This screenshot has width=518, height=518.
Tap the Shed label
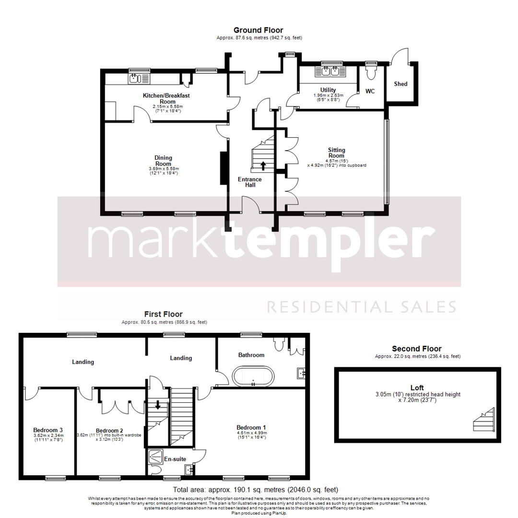400,84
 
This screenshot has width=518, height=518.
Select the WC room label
370,91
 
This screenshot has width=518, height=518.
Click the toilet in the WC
370,72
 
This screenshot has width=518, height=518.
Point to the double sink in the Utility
328,72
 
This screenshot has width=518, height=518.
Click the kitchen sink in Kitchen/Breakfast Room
139,78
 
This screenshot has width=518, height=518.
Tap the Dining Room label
163,161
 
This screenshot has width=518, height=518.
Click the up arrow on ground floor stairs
263,166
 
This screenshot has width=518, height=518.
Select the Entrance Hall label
250,182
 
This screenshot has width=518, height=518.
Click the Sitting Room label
336,153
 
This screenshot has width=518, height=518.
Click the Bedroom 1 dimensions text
251,435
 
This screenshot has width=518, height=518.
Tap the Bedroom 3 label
48,430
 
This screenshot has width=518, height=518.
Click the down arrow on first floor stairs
158,405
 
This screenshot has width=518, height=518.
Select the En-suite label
175,459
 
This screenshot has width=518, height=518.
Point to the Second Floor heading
416,349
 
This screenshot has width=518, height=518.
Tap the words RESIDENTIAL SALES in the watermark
361,306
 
